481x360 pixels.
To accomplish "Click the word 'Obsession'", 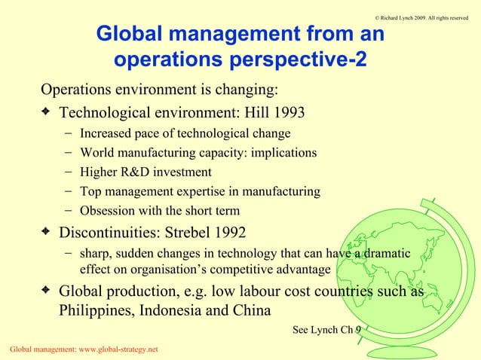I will tap(108, 210).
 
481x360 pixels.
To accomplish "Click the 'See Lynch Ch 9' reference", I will tap(326, 329).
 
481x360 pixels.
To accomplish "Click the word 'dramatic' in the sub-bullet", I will tap(387, 253).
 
